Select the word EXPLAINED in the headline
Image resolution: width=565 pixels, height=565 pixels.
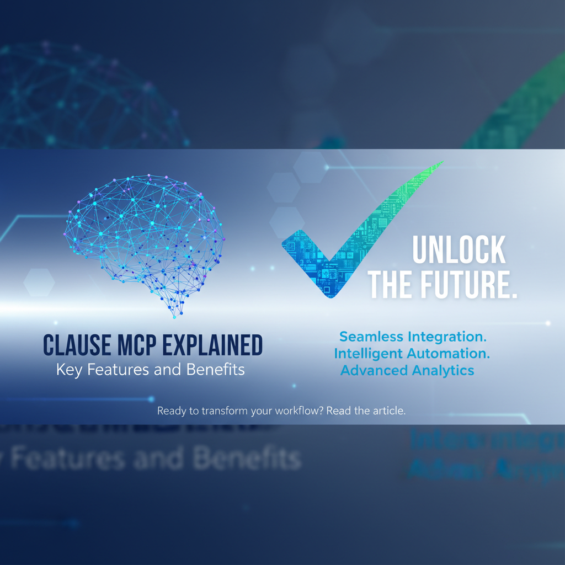212,346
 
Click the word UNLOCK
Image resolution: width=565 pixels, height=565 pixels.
459,252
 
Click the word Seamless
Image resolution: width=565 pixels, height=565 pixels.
372,336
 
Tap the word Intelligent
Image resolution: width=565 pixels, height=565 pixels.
370,353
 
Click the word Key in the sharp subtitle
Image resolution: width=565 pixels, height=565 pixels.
67,370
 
